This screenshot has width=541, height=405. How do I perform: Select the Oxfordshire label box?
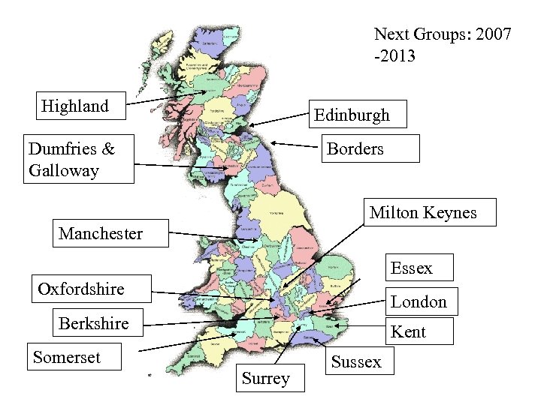[x=92, y=288]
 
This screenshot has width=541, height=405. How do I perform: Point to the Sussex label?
[x=356, y=362]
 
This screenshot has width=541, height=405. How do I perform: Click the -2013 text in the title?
[x=393, y=56]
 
